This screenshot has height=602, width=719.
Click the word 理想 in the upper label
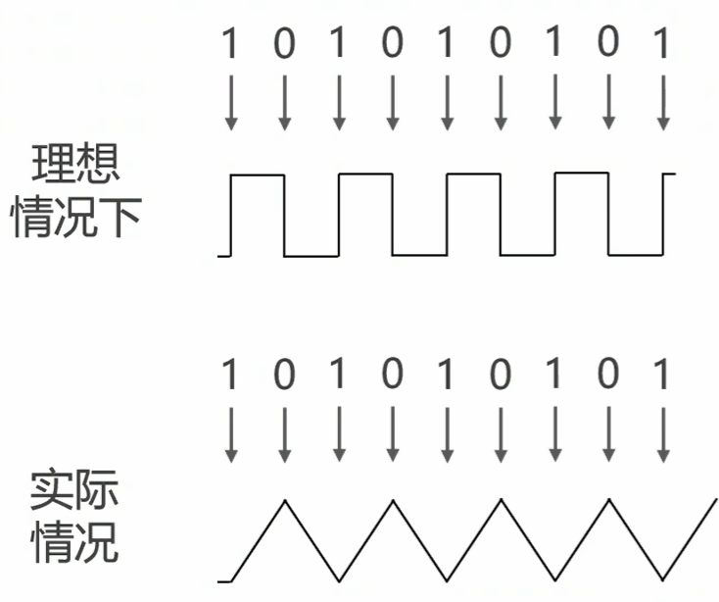pos(76,165)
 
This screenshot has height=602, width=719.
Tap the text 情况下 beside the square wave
pos(76,219)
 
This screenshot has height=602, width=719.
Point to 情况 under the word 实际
pos(76,542)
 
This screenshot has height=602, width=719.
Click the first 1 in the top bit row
pos(230,44)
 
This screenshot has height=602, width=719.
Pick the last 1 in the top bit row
pos(662,44)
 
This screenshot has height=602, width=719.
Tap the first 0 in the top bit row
pos(284,44)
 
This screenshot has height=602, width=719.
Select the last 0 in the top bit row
pos(608,44)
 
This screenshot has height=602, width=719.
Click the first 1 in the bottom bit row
pos(230,376)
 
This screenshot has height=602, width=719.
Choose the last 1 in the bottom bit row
pos(662,376)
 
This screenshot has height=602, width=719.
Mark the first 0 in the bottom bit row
pos(284,376)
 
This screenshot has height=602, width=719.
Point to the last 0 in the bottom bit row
pos(608,376)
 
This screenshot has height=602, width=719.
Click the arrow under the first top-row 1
pos(230,103)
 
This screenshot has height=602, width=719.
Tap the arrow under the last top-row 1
pos(662,103)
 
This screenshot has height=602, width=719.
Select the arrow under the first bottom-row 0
pos(284,433)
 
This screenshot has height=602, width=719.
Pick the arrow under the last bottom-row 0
pos(608,433)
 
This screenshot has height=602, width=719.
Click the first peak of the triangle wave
pos(285,501)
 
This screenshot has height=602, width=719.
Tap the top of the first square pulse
pos(257,176)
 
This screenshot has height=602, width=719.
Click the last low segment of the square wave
pos(635,256)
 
